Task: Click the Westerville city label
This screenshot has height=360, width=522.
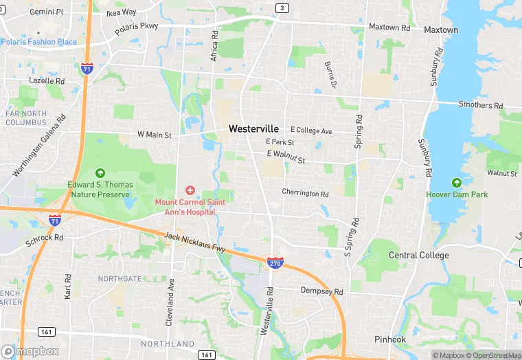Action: click(253, 128)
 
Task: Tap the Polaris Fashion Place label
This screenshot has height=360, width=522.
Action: click(39, 42)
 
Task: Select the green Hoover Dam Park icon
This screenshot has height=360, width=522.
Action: click(457, 183)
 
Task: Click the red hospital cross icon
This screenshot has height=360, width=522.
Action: click(190, 190)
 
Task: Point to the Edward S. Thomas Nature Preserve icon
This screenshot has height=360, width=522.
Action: click(101, 173)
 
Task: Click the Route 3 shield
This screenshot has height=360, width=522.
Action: click(282, 8)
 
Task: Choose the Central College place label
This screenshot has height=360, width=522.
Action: click(418, 256)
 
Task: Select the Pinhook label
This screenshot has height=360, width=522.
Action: click(390, 340)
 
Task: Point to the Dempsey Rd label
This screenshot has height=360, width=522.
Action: click(321, 291)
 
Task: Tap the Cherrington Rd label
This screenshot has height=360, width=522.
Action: click(305, 193)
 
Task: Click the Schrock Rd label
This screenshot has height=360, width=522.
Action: click(44, 238)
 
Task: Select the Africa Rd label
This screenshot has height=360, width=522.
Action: click(214, 44)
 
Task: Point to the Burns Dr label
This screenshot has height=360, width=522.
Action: click(330, 74)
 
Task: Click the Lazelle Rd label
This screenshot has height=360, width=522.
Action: click(47, 81)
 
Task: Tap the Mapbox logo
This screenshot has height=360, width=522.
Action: click(30, 351)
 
